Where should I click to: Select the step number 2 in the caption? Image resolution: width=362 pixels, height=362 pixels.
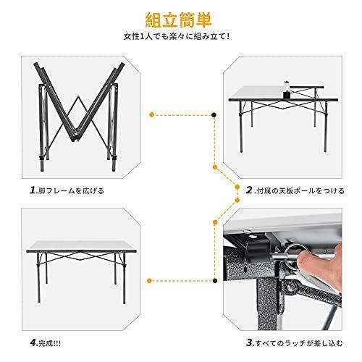click(248, 191)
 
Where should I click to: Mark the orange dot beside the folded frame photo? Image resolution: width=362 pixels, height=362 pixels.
click(151, 114)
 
